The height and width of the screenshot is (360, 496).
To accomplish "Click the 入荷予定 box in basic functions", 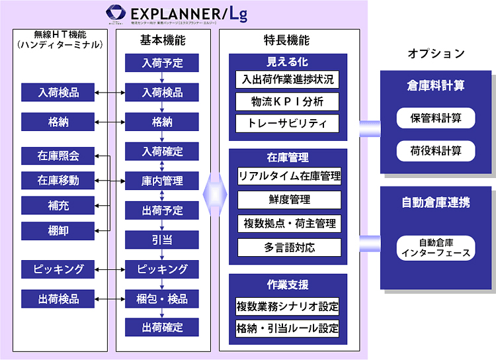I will tap(162, 64).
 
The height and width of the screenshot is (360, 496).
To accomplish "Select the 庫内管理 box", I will tap(162, 181).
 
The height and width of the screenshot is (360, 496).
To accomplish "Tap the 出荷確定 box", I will tap(162, 327).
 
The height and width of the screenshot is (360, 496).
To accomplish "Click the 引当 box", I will tap(162, 239).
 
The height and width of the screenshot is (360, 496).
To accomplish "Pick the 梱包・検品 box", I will tap(162, 298).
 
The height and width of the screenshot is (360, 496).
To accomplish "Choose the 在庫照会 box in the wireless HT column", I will tap(58, 156).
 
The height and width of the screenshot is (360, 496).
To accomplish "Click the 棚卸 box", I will tap(58, 231).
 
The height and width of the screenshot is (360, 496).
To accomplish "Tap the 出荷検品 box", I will tap(58, 298).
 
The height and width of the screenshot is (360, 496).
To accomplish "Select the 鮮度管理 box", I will tap(289, 200).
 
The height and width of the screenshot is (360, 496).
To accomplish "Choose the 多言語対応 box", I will tap(289, 248).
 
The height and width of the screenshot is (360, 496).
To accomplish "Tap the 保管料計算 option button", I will tap(436, 119).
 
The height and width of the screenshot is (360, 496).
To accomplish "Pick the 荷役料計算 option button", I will tap(436, 150).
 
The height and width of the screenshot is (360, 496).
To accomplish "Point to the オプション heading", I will tap(436, 54).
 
